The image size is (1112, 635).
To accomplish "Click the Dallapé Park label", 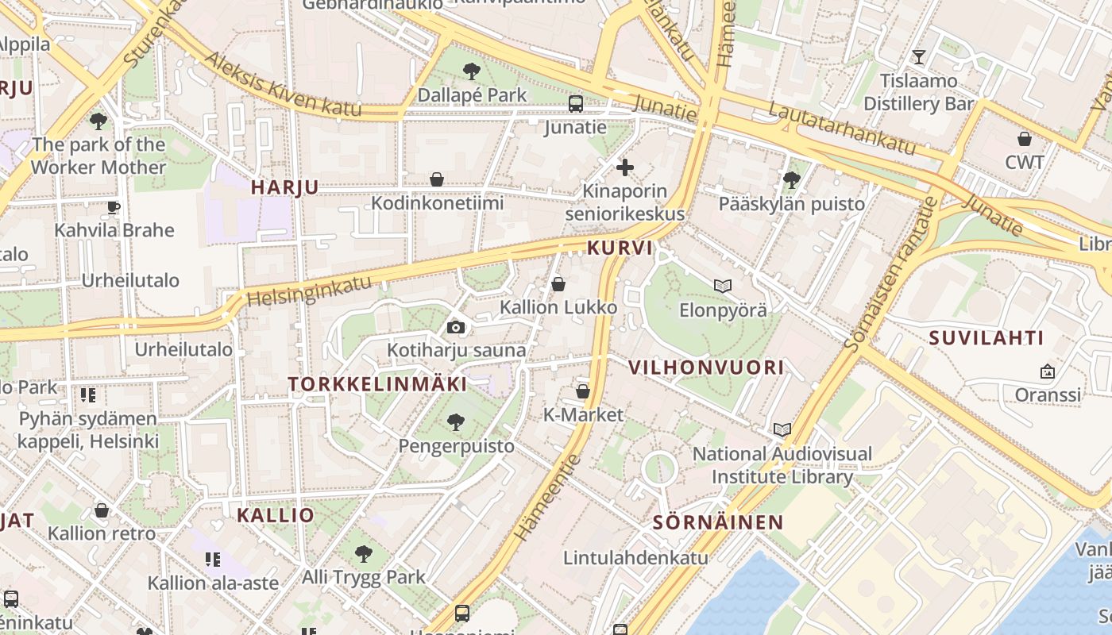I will (472, 95).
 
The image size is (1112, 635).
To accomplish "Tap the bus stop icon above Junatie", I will (576, 104).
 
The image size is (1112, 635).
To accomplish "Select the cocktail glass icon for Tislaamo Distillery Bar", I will (919, 56).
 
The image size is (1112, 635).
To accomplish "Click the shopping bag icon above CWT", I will (1025, 139).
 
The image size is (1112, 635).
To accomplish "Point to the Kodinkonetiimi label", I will (437, 203).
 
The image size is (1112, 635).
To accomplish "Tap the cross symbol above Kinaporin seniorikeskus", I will (625, 167).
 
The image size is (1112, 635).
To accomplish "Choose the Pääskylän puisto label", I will (791, 204).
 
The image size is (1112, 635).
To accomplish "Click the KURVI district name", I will (620, 248).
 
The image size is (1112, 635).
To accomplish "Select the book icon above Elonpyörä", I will (722, 286).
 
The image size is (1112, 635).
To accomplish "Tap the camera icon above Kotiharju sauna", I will (456, 327).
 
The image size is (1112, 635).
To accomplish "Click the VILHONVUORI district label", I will (706, 368).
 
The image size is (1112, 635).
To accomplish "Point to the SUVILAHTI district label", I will (987, 338).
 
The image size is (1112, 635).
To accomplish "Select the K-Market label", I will (583, 415).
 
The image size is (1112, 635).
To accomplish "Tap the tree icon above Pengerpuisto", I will (456, 421).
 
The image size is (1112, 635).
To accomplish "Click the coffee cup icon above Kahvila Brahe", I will (114, 208).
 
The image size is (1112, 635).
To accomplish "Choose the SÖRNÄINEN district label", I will (718, 522).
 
